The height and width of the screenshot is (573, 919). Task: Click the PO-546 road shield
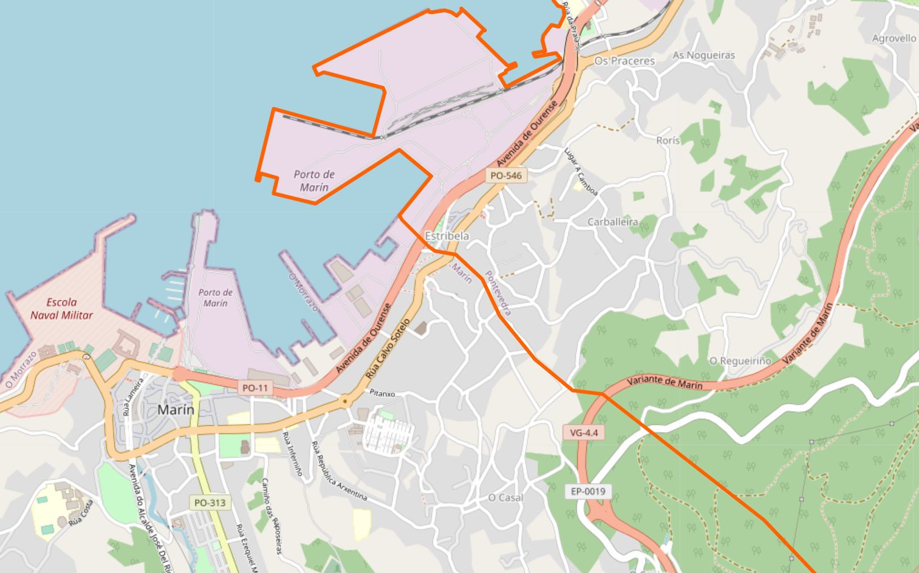pos(505,176)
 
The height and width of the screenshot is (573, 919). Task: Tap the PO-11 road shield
pos(255,388)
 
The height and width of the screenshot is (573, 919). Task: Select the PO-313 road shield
pos(210,503)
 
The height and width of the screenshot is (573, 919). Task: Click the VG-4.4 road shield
pos(584,433)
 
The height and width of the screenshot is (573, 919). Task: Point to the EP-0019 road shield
pos(588,491)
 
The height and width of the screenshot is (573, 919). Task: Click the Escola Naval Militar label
pos(62,309)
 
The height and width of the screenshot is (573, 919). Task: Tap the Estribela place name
pos(447,236)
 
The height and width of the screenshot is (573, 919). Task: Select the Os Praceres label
pos(624,61)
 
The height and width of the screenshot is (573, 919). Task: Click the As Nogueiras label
pos(703,55)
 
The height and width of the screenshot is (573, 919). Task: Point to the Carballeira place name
pos(612,222)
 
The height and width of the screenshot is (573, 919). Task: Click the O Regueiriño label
pos(740,361)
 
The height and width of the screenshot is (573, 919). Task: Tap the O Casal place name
pos(505,498)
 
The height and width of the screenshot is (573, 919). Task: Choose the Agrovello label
pos(893,38)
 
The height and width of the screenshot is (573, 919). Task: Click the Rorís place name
pos(668,140)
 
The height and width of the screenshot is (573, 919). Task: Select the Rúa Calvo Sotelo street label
pos(389,349)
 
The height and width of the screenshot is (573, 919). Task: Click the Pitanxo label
pos(382,393)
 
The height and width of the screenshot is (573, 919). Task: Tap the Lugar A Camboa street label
pos(581,172)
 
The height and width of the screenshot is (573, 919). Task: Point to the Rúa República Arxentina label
pos(339,472)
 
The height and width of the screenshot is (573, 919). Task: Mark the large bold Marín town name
pos(176,410)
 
